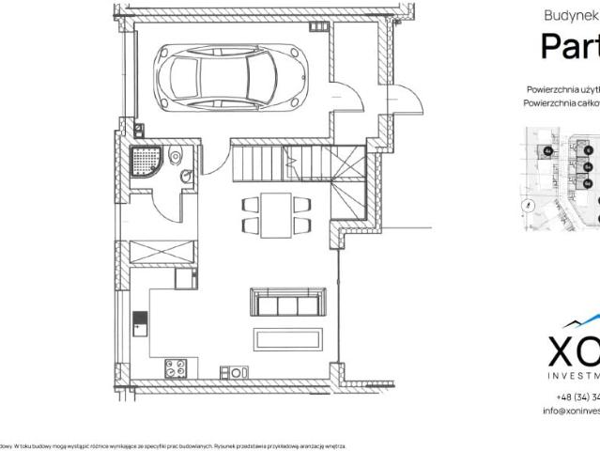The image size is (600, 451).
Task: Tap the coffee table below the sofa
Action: tap(287, 337)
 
